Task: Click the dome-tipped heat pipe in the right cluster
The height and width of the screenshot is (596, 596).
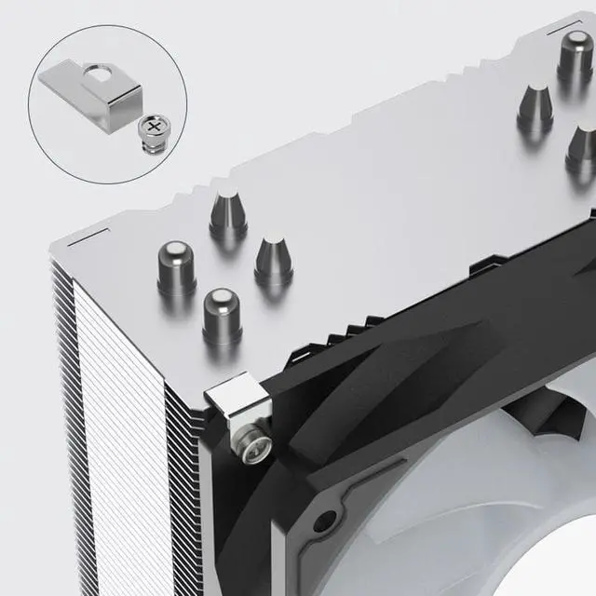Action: click(575, 57)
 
